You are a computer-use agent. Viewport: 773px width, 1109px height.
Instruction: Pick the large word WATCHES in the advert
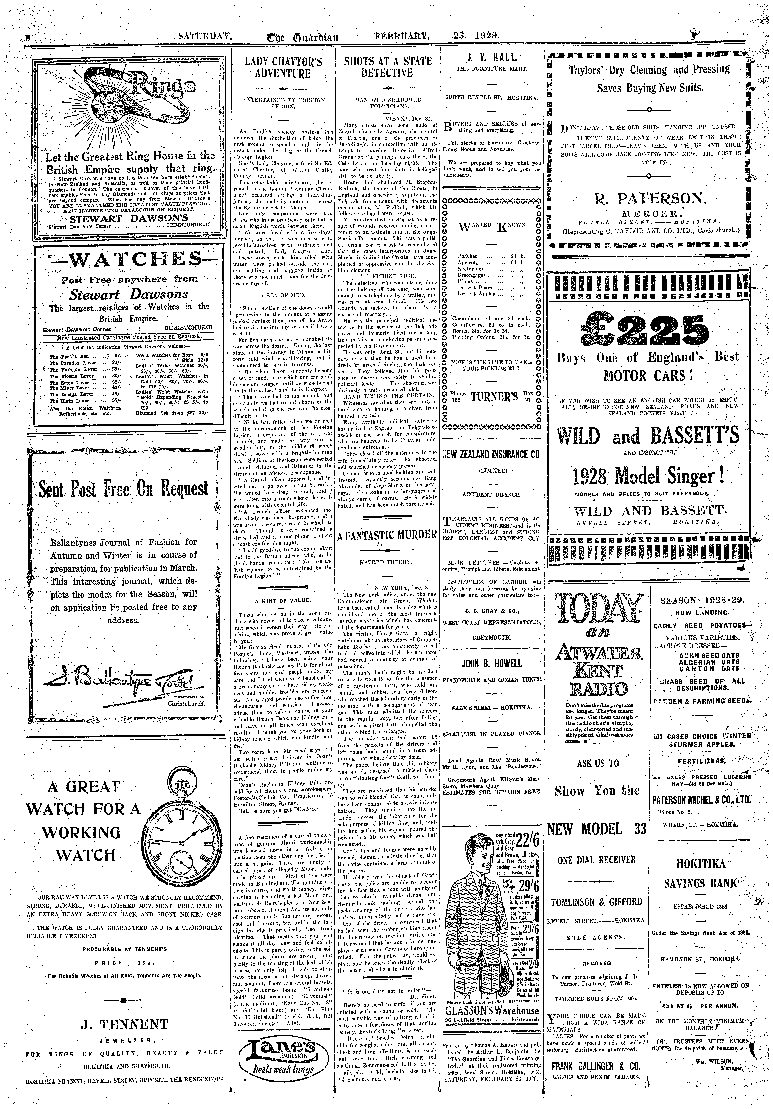click(129, 261)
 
